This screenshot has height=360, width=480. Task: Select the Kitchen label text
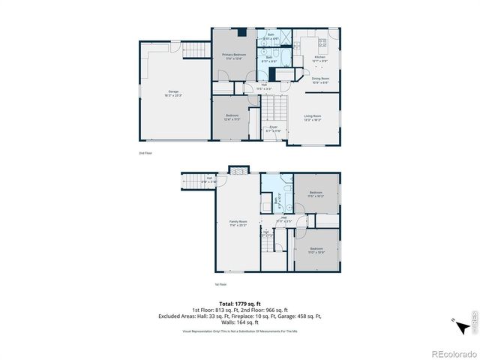click(x=319, y=58)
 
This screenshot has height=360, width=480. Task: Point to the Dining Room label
click(x=320, y=79)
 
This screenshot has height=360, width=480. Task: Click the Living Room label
click(x=313, y=117)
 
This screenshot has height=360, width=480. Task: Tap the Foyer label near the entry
click(x=273, y=129)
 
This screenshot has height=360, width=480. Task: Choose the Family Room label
click(x=238, y=223)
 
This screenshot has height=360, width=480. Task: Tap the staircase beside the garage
click(x=195, y=49)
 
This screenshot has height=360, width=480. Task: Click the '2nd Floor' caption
click(x=145, y=153)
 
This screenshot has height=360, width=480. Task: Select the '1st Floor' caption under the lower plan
click(x=220, y=284)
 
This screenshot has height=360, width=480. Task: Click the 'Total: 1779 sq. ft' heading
click(x=240, y=302)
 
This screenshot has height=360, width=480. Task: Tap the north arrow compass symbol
click(x=454, y=320)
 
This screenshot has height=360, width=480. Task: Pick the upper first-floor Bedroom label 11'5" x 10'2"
click(x=315, y=195)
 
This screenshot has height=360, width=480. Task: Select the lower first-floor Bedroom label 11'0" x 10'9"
click(x=316, y=250)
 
